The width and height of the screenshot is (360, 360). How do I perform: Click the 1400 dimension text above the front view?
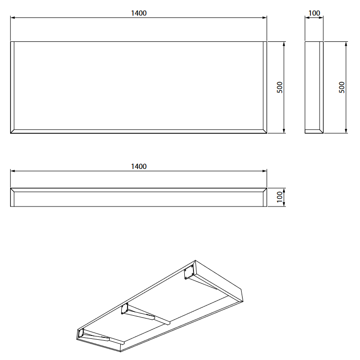pyautogui.click(x=139, y=13)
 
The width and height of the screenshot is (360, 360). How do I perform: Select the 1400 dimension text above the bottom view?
pyautogui.click(x=139, y=167)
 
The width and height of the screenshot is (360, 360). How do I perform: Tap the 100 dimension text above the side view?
pyautogui.click(x=314, y=13)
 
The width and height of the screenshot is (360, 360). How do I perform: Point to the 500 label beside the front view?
pyautogui.click(x=280, y=87)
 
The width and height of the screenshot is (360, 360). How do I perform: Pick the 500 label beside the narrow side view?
pyautogui.click(x=342, y=87)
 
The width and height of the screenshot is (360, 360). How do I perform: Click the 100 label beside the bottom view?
pyautogui.click(x=280, y=197)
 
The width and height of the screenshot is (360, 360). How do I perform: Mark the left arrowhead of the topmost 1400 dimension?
pyautogui.click(x=13, y=18)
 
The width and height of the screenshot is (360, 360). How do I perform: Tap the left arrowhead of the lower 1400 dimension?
pyautogui.click(x=13, y=171)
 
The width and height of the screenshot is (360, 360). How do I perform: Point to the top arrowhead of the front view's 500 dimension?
pyautogui.click(x=284, y=44)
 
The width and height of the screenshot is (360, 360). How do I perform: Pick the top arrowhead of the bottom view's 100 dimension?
pyautogui.click(x=284, y=190)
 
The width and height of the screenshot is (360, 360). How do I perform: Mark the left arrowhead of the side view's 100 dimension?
pyautogui.click(x=307, y=18)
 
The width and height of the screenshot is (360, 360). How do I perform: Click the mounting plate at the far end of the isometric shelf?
pyautogui.click(x=189, y=271)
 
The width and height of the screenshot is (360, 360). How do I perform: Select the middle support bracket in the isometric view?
pyautogui.click(x=144, y=314)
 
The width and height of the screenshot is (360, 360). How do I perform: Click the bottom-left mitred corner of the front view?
pyautogui.click(x=13, y=131)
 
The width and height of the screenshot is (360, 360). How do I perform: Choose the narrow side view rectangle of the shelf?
pyautogui.click(x=314, y=87)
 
